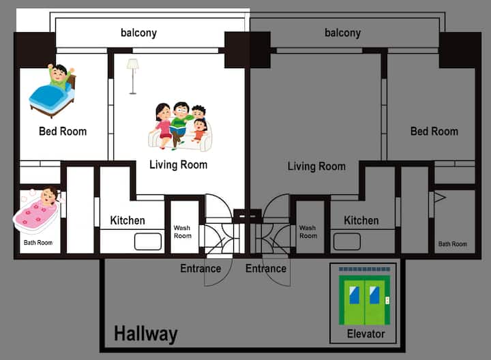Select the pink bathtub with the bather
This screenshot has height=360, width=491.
click(37, 211)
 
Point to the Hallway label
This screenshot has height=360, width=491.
click(146, 334)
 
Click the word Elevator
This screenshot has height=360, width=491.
click(366, 333)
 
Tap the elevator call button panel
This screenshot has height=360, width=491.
click(387, 300)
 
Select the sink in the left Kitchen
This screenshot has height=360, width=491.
click(148, 241)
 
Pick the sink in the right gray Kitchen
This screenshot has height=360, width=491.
click(347, 241)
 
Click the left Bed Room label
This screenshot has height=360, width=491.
click(63, 131)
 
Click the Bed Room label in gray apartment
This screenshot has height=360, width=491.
click(434, 131)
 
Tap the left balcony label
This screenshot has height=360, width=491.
click(138, 33)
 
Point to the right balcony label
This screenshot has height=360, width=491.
click(342, 33)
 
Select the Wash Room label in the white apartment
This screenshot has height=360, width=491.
click(182, 232)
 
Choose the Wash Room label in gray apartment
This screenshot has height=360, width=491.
click(308, 232)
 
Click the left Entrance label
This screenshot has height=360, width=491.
click(200, 268)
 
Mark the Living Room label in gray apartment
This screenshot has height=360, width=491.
click(316, 166)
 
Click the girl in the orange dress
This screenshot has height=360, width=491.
click(199, 131)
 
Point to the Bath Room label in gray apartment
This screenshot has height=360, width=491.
click(453, 244)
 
